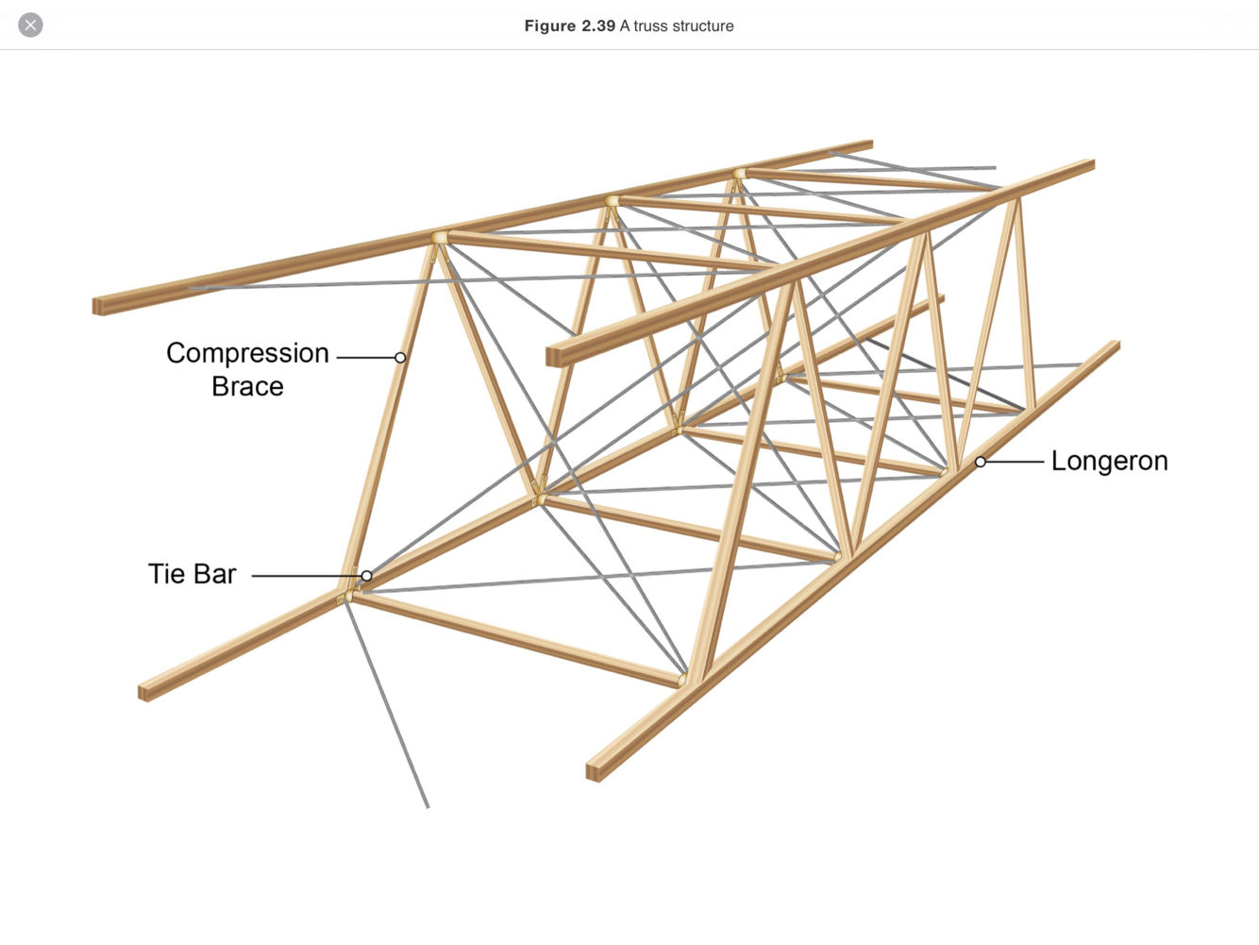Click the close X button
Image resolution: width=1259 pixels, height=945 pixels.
tap(30, 25)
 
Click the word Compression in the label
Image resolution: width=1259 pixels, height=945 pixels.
tap(247, 353)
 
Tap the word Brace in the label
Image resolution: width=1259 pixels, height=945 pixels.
tap(247, 387)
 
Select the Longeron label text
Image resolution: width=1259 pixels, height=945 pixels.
tap(1109, 462)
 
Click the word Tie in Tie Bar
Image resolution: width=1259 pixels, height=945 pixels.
tap(166, 574)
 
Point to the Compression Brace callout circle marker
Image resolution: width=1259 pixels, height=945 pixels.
tap(400, 358)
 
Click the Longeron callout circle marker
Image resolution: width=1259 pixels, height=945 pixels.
tap(981, 462)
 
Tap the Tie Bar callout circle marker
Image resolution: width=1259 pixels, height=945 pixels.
tap(366, 575)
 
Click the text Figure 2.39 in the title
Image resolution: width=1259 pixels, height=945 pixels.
tap(570, 26)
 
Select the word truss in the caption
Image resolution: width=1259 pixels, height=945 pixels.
tap(650, 26)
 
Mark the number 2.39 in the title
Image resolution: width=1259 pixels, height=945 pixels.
tap(598, 26)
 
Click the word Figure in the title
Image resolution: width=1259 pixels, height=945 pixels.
tap(550, 26)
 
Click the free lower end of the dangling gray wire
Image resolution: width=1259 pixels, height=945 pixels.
tap(428, 806)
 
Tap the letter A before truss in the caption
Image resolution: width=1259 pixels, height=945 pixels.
tap(625, 26)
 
